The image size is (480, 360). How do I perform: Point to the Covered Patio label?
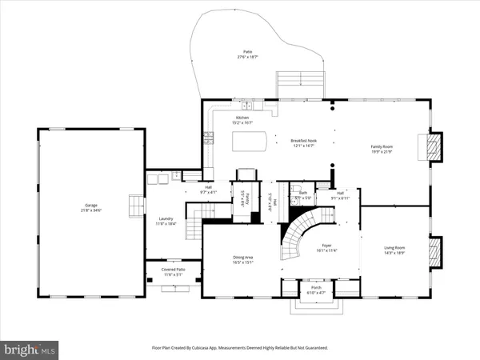[173, 270]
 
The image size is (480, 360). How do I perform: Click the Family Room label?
[382, 146]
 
